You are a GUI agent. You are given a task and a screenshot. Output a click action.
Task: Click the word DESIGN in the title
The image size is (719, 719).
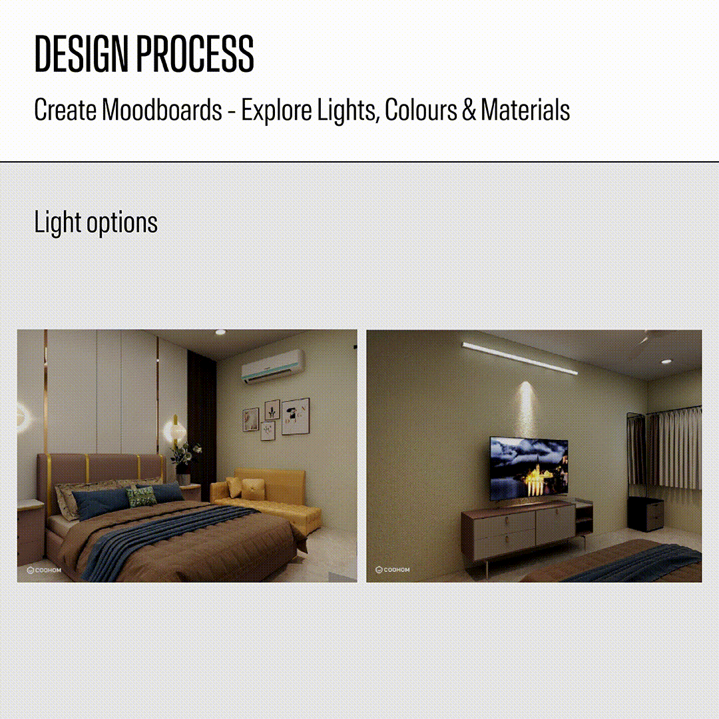click(x=81, y=53)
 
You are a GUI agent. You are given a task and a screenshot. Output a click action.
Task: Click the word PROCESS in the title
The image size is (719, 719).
click(x=195, y=53)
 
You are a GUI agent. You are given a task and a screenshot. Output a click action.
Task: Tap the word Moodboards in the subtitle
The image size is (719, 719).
click(x=162, y=110)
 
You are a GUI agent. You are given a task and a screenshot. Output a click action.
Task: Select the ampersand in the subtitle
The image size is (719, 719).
click(x=469, y=111)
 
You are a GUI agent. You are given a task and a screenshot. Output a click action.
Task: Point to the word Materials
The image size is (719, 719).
click(x=525, y=110)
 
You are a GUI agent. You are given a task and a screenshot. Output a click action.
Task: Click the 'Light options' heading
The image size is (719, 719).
click(x=96, y=222)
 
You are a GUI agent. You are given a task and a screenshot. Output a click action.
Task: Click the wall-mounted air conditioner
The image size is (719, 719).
click(x=274, y=366)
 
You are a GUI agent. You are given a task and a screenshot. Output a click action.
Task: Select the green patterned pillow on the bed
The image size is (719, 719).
click(x=142, y=496)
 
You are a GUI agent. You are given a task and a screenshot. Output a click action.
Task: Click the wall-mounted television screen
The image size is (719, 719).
click(x=529, y=469)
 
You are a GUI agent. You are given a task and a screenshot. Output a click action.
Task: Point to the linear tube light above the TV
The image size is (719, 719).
click(x=519, y=358)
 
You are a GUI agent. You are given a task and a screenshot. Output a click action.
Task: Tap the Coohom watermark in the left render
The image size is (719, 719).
click(x=44, y=570)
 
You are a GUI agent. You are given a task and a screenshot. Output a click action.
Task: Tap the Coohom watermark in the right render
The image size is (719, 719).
click(x=393, y=569)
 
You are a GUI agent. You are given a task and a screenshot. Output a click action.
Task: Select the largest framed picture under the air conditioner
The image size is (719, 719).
click(x=296, y=416)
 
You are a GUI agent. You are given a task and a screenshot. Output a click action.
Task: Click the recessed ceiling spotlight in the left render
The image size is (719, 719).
click(x=220, y=332)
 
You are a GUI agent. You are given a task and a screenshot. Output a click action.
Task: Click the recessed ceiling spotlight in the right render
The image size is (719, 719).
click(x=666, y=361)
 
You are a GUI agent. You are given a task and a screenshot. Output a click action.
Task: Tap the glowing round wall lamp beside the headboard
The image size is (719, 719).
click(x=174, y=431)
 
